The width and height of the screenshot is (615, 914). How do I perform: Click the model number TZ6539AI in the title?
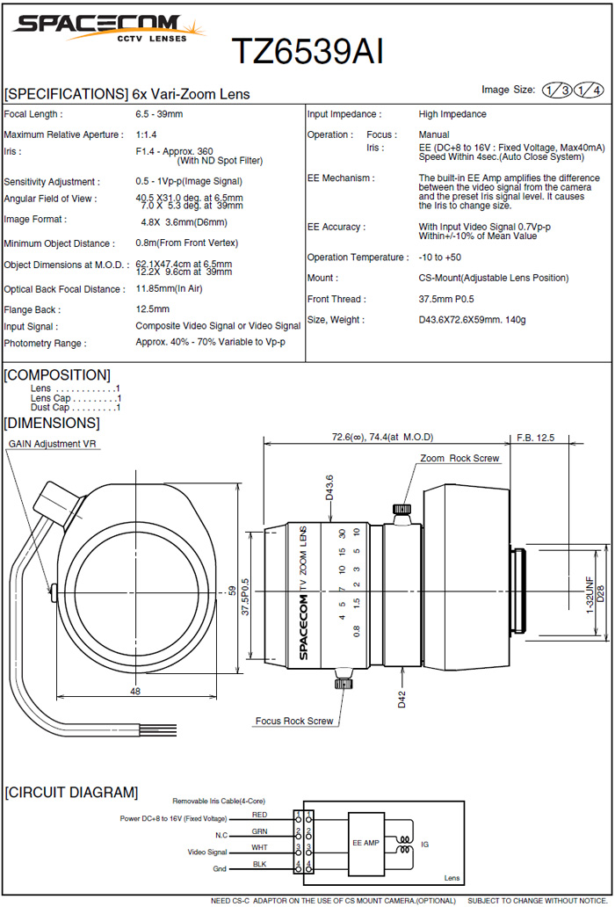point(307,52)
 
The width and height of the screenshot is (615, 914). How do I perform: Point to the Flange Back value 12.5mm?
point(153,309)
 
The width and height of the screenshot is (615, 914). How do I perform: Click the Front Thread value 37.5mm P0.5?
point(455,300)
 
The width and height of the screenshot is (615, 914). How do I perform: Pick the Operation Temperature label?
point(358,258)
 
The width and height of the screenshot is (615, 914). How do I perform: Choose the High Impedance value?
point(452,114)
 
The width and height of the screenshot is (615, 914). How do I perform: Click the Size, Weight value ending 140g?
point(472,321)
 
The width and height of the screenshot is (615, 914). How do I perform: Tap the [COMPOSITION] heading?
point(57,375)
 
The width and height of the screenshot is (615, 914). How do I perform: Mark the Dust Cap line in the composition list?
point(75,408)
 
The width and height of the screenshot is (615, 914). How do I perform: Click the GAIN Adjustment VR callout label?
point(52,444)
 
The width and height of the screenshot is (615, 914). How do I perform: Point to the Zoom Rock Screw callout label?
point(459,459)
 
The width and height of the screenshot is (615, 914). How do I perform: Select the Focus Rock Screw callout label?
point(294,721)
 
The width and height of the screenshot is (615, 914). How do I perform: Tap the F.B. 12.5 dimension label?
point(536,437)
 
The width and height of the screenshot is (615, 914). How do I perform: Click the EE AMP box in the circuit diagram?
point(365,842)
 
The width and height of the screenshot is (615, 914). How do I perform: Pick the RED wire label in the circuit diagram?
point(259,815)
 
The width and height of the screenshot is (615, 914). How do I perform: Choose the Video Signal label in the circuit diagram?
point(207,852)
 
